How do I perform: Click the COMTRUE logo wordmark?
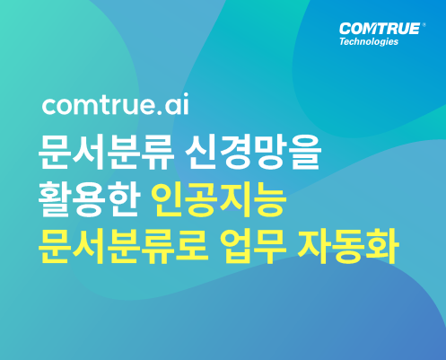[380, 29]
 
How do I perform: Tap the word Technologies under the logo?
[369, 41]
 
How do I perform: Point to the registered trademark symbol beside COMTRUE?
[424, 25]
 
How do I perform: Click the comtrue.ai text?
[116, 104]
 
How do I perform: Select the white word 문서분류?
[106, 153]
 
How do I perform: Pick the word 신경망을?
[253, 153]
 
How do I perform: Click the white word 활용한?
[89, 199]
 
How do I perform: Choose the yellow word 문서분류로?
[123, 246]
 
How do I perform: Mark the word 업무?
[253, 246]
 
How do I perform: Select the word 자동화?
[348, 246]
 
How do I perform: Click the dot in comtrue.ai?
[159, 112]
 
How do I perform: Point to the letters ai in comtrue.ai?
[177, 104]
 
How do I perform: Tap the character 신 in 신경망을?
[201, 153]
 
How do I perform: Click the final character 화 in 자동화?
[382, 246]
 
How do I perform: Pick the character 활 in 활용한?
[55, 199]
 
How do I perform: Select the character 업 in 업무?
[236, 246]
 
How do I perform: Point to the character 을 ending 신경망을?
[305, 153]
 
